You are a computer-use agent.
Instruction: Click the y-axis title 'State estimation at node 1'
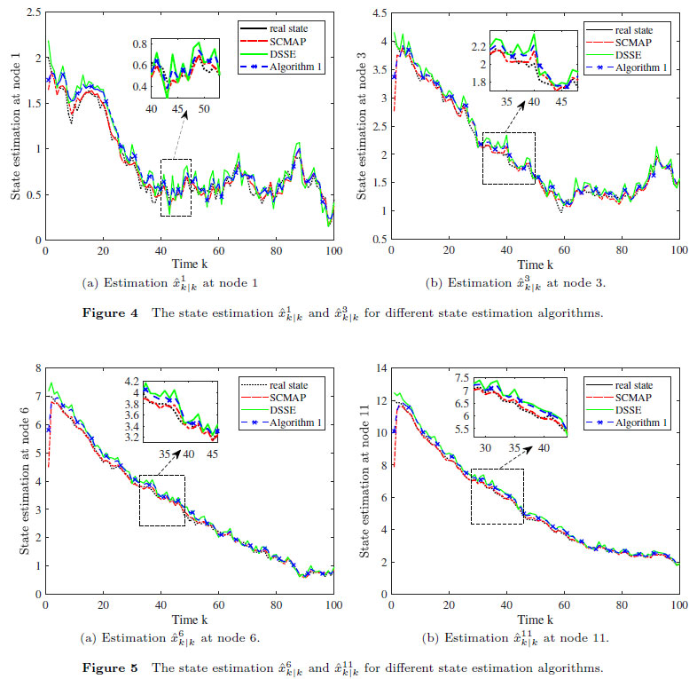[x=15, y=127]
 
